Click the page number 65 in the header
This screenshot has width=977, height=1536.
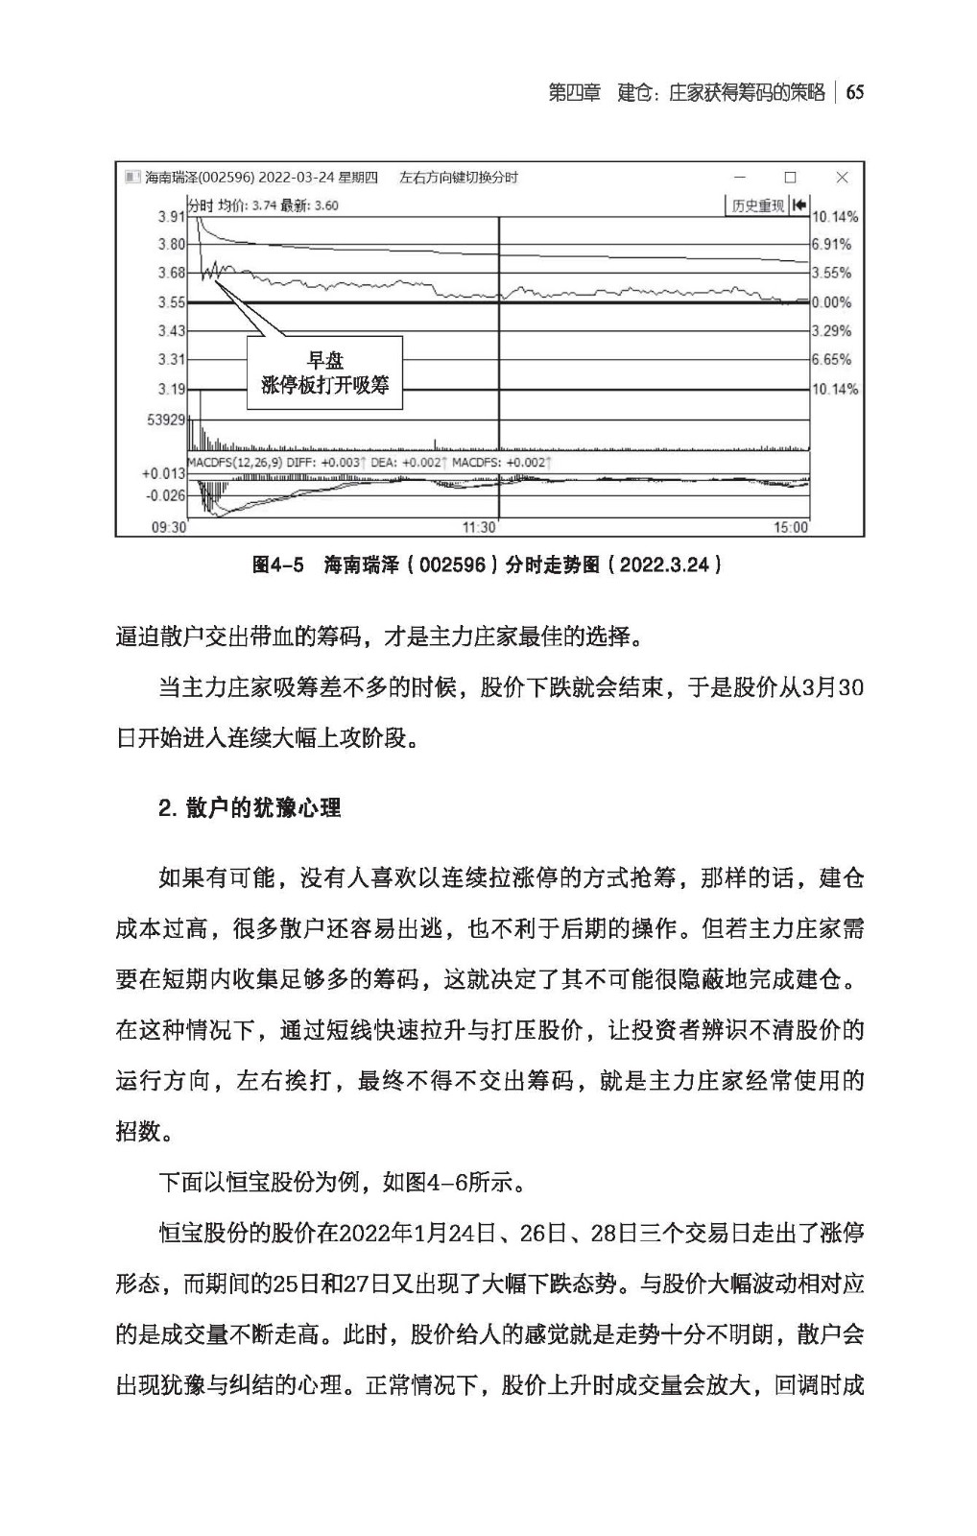point(855,92)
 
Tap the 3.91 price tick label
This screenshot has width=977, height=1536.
point(171,217)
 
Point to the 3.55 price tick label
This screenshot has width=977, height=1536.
point(171,302)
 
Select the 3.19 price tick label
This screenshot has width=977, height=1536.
point(171,389)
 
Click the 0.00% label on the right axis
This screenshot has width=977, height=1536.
point(831,302)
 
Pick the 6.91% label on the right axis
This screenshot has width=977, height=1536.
point(831,245)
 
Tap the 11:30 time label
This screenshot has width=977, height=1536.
point(479,527)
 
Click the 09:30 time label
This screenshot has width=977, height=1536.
point(169,527)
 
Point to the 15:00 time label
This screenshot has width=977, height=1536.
point(791,527)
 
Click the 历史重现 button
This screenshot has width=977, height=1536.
point(758,205)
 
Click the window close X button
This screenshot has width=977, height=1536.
point(842,178)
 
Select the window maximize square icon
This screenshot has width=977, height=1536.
point(790,178)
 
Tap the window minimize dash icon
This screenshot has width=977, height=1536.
point(739,178)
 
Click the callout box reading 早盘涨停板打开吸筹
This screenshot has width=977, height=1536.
point(324,372)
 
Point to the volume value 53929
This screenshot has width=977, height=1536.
point(166,420)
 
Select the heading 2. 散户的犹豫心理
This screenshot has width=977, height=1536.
point(250,808)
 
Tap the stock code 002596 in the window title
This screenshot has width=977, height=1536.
point(226,178)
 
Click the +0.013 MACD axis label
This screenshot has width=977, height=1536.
point(163,473)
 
